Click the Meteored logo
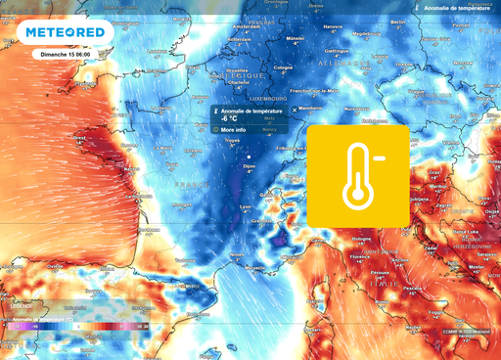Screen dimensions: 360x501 pos(64,31)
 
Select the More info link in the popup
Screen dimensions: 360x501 pos(233,129)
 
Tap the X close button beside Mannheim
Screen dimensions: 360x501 pos(295,111)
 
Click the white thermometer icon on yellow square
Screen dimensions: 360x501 pos(358,176)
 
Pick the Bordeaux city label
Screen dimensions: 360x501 pos(148,229)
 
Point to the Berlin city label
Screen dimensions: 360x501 pos(397,22)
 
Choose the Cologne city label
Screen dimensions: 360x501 pos(283,67)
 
